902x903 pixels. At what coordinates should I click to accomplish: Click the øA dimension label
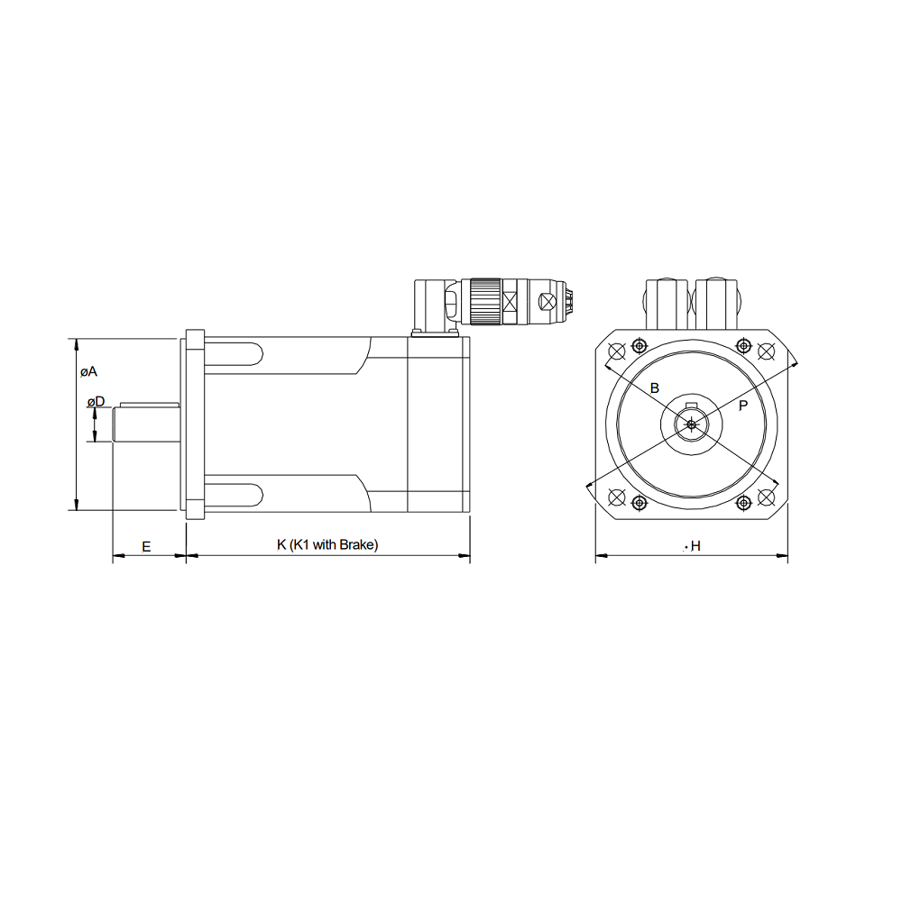(x=87, y=371)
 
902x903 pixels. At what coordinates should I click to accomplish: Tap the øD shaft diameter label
(x=96, y=401)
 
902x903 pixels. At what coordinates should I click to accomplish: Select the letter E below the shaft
(x=146, y=545)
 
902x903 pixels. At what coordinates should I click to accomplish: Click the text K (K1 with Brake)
(x=327, y=544)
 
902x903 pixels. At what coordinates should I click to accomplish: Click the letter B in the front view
(x=655, y=388)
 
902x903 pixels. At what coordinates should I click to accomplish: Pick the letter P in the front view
(x=742, y=406)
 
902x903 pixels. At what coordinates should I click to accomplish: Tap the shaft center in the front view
(x=691, y=424)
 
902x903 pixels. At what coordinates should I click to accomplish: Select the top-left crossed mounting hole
(x=617, y=351)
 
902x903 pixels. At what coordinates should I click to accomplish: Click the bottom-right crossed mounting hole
(x=767, y=497)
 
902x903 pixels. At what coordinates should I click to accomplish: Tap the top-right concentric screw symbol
(x=743, y=345)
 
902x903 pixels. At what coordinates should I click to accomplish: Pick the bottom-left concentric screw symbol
(x=640, y=502)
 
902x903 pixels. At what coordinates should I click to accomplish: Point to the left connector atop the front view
(x=667, y=304)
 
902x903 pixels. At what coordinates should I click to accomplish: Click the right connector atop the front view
(x=717, y=304)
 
